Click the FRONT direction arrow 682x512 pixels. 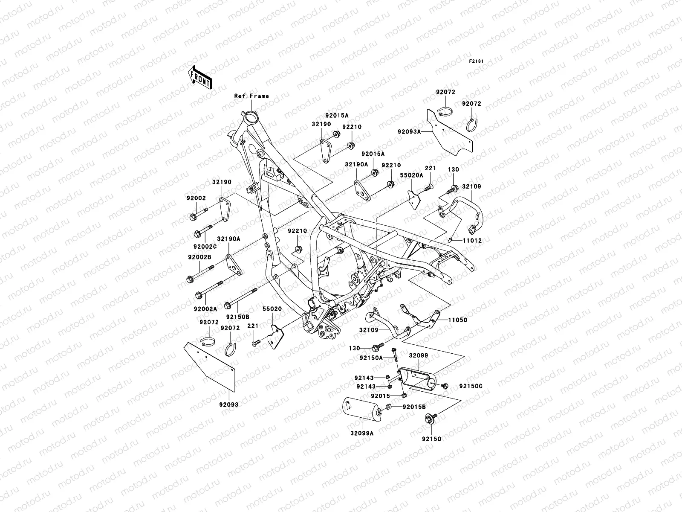206,77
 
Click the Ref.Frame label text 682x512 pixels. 251,96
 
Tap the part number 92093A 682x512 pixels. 409,132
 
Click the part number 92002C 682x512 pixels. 205,247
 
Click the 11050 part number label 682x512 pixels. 458,320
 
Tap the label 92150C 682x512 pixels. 471,387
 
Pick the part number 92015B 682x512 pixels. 414,407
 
